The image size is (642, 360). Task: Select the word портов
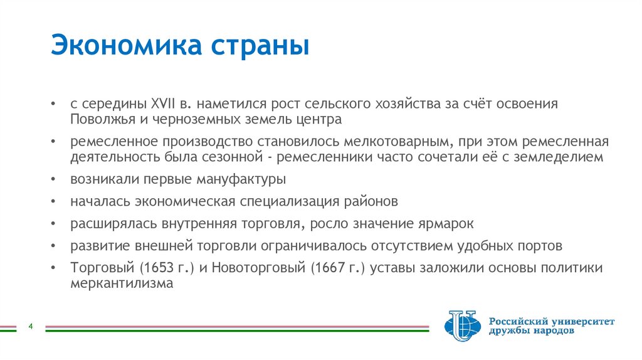(x=541, y=245)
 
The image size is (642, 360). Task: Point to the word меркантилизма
(x=121, y=283)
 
